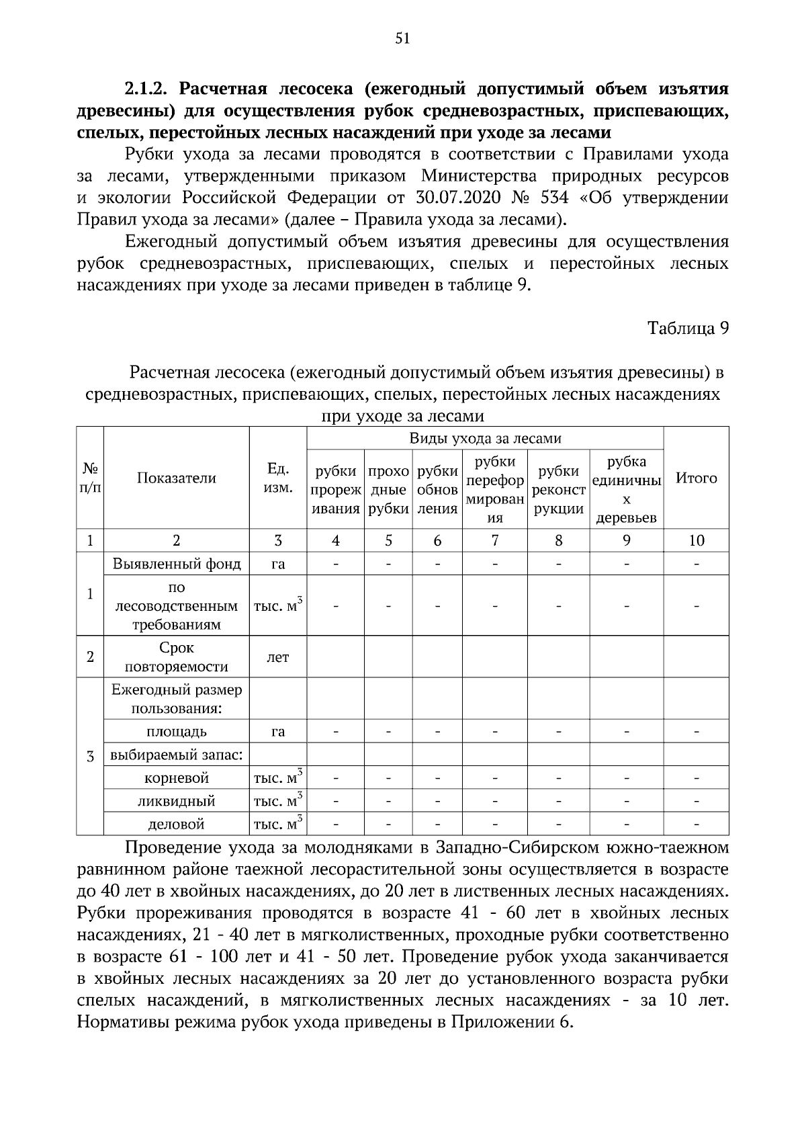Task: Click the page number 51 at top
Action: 402,39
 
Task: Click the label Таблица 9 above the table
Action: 688,328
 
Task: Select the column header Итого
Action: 696,478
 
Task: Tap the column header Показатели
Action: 177,478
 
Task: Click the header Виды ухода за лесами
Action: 485,439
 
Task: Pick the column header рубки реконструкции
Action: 558,490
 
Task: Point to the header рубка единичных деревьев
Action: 626,490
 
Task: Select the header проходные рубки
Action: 388,490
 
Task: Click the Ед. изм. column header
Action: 278,478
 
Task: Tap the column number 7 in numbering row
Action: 494,540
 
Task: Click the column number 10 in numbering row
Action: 696,540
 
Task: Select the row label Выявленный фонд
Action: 177,564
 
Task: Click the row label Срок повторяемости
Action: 177,657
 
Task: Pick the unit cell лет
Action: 278,657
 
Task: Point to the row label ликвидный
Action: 177,801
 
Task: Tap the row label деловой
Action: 177,824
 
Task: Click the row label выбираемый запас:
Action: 177,755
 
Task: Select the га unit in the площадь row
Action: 278,731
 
